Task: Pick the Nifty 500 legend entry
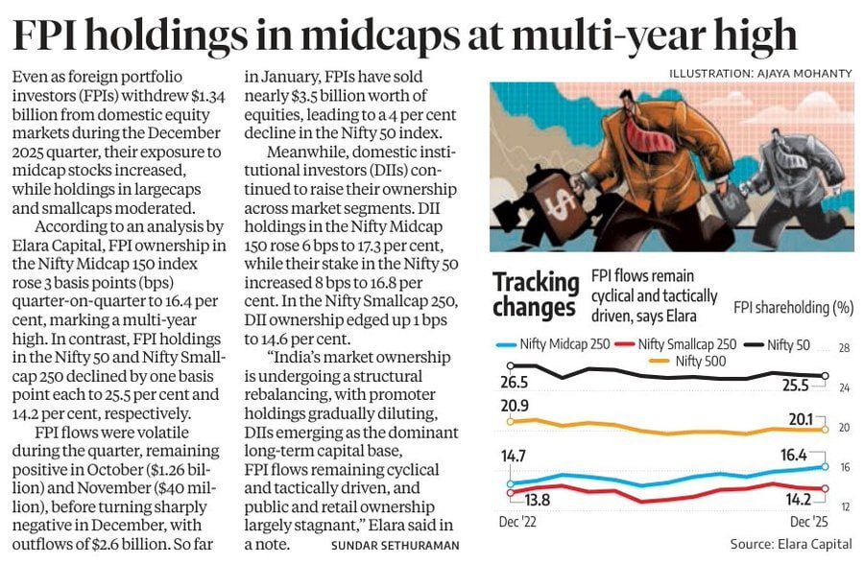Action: (694, 361)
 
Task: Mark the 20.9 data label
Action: (515, 406)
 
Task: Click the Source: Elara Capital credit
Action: (790, 544)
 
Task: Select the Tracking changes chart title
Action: (535, 294)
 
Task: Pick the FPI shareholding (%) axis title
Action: (793, 308)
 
